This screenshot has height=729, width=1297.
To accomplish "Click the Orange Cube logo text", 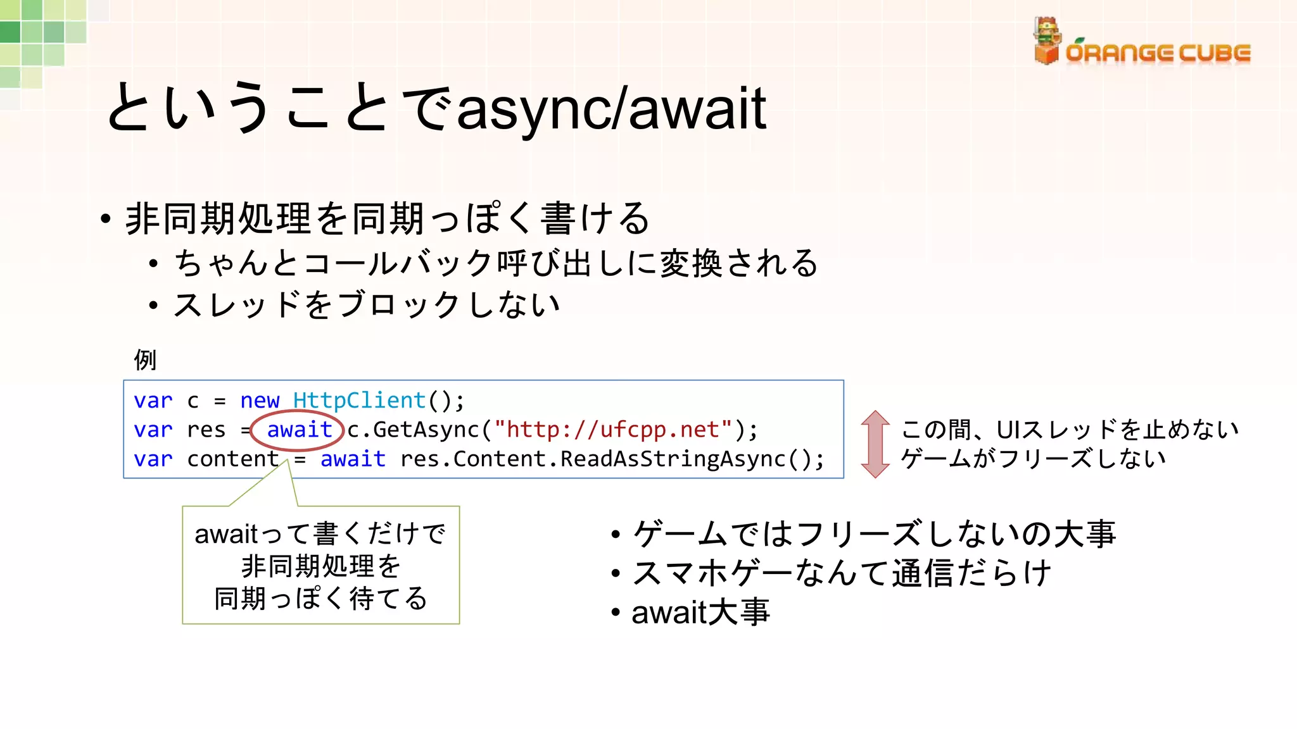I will coord(1158,53).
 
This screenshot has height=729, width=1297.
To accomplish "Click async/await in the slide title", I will coord(611,109).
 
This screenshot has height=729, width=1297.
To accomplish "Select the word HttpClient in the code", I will coord(359,401).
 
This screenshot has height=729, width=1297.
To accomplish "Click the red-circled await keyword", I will coord(299,430).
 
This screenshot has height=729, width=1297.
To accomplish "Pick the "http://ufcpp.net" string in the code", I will coord(613,430).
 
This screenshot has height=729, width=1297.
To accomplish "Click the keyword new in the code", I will coord(260,401).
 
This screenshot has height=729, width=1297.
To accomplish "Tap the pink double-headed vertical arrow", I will coord(875,444).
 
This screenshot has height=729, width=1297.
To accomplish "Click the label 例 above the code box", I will coord(145,359).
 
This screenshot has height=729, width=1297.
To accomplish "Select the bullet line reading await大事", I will coord(700,613).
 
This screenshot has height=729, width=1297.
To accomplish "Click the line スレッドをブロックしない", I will coord(367,305).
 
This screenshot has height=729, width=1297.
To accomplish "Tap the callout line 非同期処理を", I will coord(321,566).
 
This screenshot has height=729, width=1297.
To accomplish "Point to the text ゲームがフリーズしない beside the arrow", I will coord(1033,458).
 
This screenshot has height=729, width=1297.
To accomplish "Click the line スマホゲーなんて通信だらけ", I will coord(842,573).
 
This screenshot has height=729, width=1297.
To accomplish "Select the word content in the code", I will coord(232,459).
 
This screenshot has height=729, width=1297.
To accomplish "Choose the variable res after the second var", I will coord(206,430).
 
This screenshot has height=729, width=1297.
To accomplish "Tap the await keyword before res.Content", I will coord(353,459).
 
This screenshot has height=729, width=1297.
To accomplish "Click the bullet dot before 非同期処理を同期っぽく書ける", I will coord(106,220).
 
